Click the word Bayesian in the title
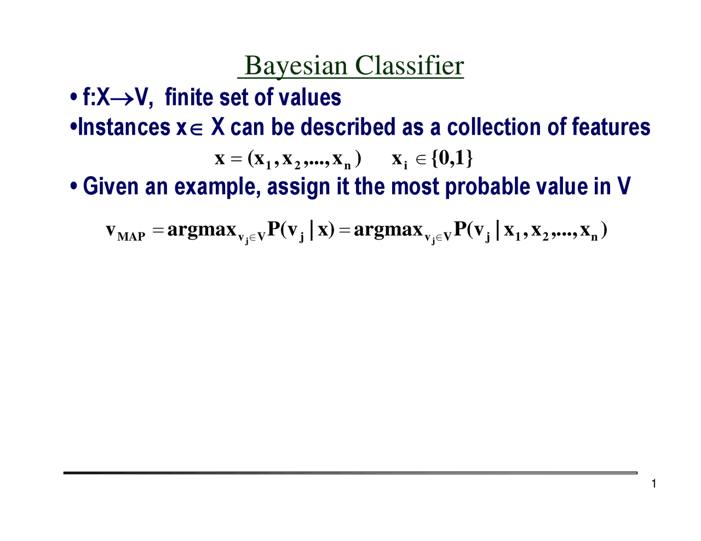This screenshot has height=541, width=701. coord(296,66)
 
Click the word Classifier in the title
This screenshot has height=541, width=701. coord(409,66)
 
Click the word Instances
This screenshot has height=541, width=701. coord(124,127)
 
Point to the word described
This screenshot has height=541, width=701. coord(348,127)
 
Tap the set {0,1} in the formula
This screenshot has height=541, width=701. coord(452,158)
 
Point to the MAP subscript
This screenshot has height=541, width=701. coord(131,236)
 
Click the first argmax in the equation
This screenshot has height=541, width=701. coord(202,230)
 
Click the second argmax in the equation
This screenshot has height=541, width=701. coord(388,230)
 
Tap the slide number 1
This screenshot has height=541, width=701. coord(654,484)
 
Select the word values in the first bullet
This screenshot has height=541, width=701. coord(310,98)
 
